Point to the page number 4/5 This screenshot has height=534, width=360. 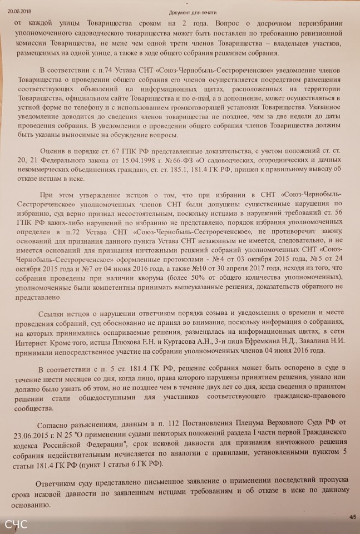[352, 517]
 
